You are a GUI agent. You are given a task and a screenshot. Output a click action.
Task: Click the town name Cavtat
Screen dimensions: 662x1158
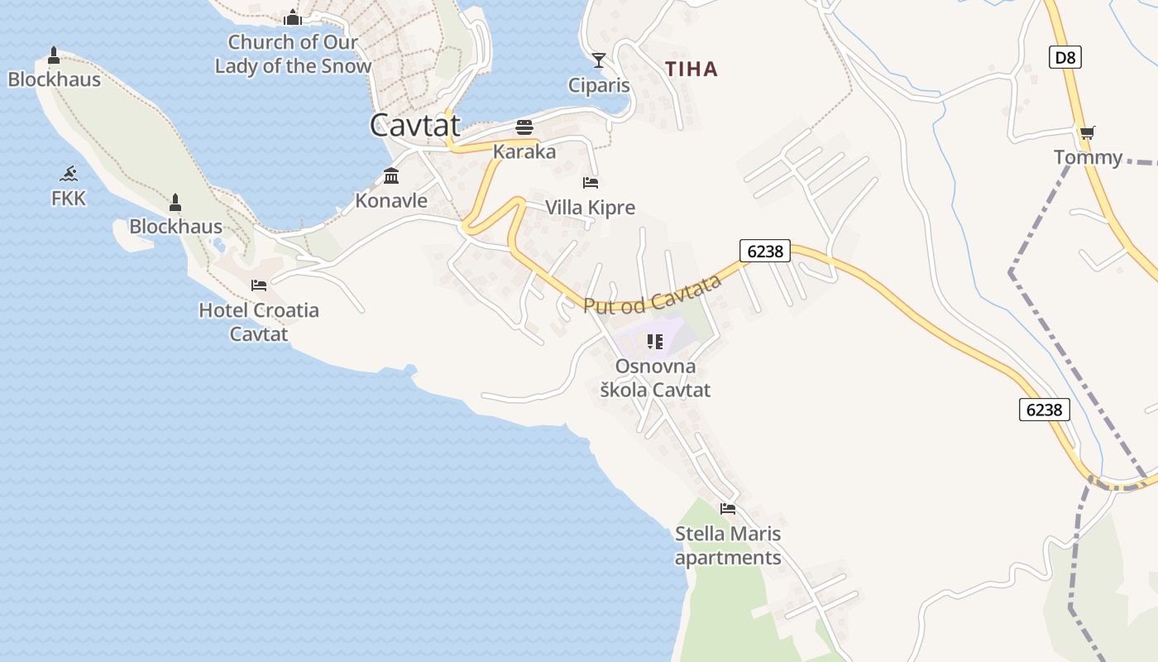(x=414, y=125)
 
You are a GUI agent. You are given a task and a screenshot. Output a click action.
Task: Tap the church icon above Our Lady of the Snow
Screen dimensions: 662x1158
(x=293, y=17)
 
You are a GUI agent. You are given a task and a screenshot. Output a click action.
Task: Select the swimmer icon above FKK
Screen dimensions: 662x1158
(x=69, y=174)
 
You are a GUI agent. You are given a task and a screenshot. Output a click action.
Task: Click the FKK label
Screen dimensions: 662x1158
(x=69, y=199)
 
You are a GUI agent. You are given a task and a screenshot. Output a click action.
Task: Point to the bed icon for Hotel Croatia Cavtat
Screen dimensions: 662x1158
(x=259, y=285)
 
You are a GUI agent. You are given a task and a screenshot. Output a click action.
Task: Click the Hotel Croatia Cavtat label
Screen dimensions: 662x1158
(x=259, y=322)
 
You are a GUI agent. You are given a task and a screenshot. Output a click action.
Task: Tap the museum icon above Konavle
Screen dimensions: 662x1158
(x=391, y=176)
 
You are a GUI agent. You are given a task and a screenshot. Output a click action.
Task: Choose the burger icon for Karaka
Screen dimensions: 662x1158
(x=524, y=127)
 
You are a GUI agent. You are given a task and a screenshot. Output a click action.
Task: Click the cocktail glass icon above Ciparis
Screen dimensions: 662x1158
(x=599, y=60)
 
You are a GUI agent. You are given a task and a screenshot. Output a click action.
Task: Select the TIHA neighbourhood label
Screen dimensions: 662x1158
(x=691, y=70)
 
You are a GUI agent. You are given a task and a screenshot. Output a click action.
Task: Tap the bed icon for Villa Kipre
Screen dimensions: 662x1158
(x=590, y=183)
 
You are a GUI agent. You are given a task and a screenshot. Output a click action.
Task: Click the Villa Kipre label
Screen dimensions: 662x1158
(x=590, y=208)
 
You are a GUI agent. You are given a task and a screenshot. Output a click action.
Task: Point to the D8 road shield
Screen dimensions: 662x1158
(x=1065, y=57)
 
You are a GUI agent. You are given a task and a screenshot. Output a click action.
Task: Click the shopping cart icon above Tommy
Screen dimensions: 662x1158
(x=1087, y=132)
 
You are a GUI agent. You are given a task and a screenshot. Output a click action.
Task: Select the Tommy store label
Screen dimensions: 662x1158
(x=1088, y=157)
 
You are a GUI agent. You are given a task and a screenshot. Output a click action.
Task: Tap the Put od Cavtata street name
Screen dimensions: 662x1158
(x=653, y=295)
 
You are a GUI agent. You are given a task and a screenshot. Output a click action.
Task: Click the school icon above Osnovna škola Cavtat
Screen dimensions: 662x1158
(x=655, y=341)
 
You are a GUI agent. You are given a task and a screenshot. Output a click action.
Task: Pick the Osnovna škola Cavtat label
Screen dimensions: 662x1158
(x=655, y=377)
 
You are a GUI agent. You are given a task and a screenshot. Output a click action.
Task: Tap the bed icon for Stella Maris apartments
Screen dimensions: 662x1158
(x=728, y=509)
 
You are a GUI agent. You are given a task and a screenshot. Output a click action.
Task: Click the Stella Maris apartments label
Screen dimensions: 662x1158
(x=728, y=545)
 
